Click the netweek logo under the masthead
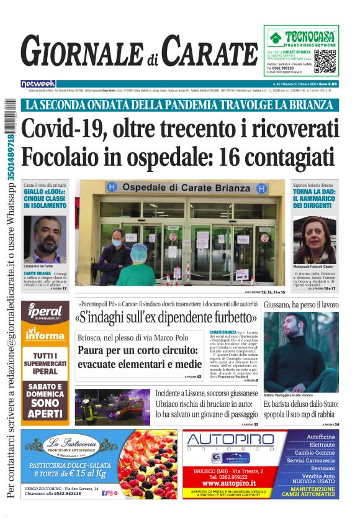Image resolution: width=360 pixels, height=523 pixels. click(38, 83)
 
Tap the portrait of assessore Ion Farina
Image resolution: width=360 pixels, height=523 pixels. click(45, 239)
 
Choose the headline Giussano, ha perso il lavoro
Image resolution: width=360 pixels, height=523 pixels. click(301, 305)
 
